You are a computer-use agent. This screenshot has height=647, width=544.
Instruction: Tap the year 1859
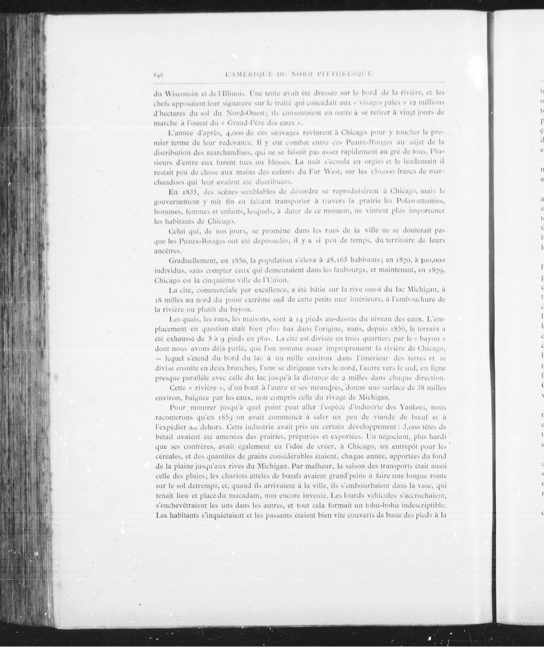point(224,417)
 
